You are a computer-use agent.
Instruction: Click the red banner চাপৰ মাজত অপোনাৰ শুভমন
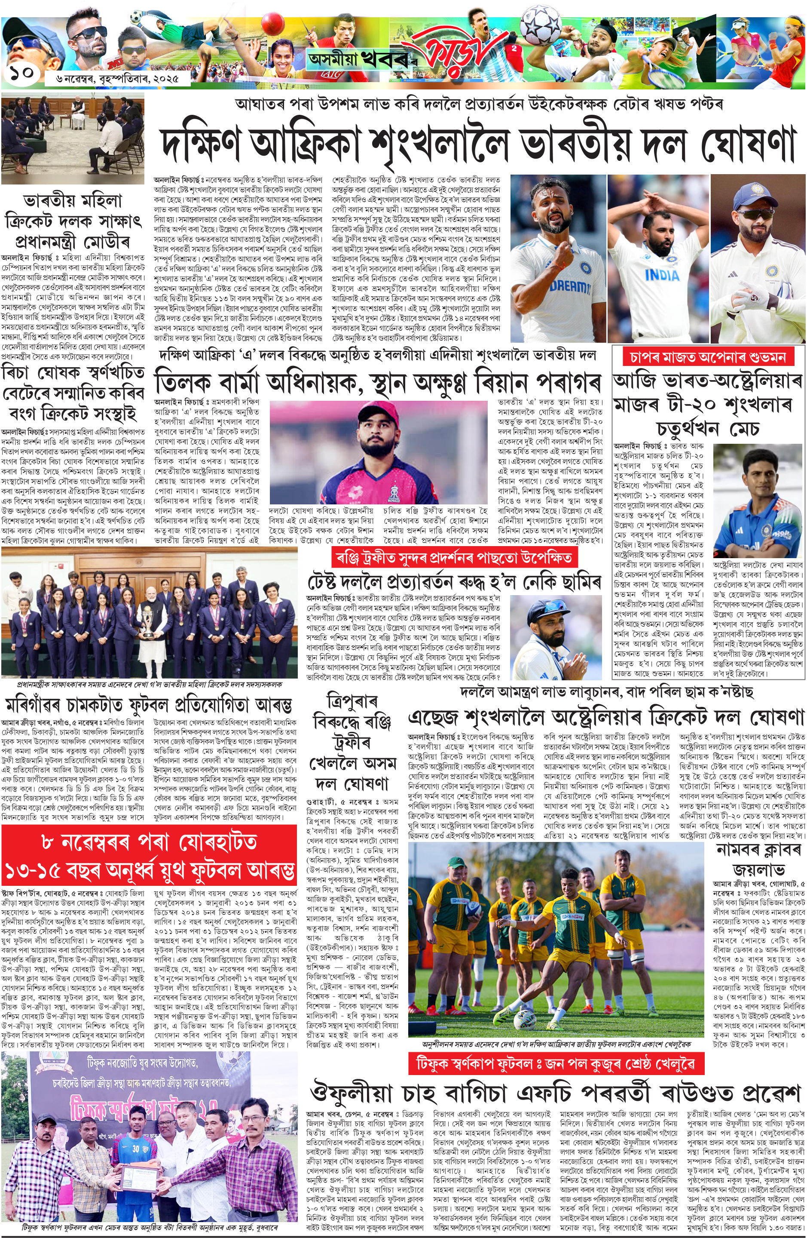point(708,357)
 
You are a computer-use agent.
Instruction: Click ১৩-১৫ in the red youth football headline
point(37,871)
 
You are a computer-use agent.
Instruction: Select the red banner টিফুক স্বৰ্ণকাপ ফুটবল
point(556,1064)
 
